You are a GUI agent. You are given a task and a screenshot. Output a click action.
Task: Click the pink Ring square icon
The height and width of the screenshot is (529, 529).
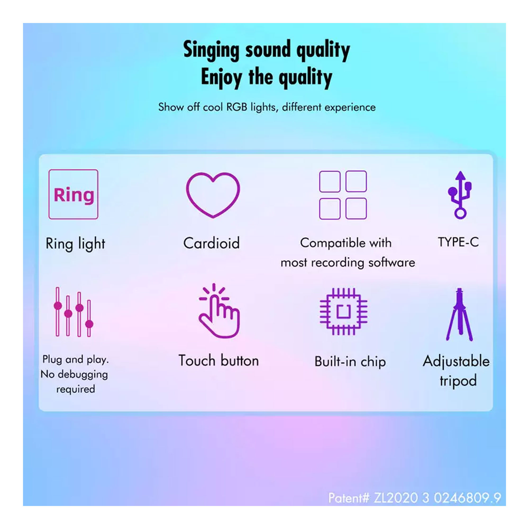point(73,194)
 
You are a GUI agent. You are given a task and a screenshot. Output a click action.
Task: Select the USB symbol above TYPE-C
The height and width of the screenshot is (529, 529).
point(460,195)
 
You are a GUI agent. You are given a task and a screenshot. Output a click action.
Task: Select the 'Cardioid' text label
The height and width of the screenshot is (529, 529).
point(211,243)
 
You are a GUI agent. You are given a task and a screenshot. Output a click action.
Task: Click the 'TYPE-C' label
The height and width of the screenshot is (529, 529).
point(458,242)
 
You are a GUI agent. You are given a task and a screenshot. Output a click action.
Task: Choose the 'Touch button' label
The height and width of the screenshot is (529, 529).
point(218,360)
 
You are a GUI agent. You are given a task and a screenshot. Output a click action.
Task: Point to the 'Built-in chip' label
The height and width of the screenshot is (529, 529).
point(350,361)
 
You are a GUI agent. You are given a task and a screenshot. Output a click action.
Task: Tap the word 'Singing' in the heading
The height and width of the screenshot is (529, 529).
point(211,50)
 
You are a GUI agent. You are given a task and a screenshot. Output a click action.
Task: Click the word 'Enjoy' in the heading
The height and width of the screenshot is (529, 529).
point(221,77)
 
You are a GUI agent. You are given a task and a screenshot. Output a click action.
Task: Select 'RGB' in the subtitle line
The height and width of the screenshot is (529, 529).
point(236,107)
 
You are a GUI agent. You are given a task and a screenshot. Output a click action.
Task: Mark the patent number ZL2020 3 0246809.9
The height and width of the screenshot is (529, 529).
point(437,498)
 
